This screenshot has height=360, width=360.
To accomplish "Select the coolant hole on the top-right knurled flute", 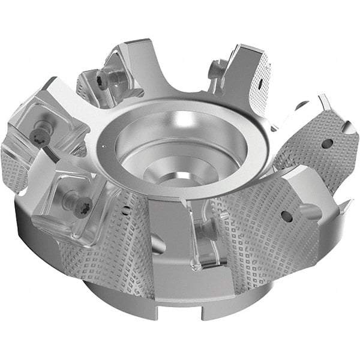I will pos(262,79).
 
